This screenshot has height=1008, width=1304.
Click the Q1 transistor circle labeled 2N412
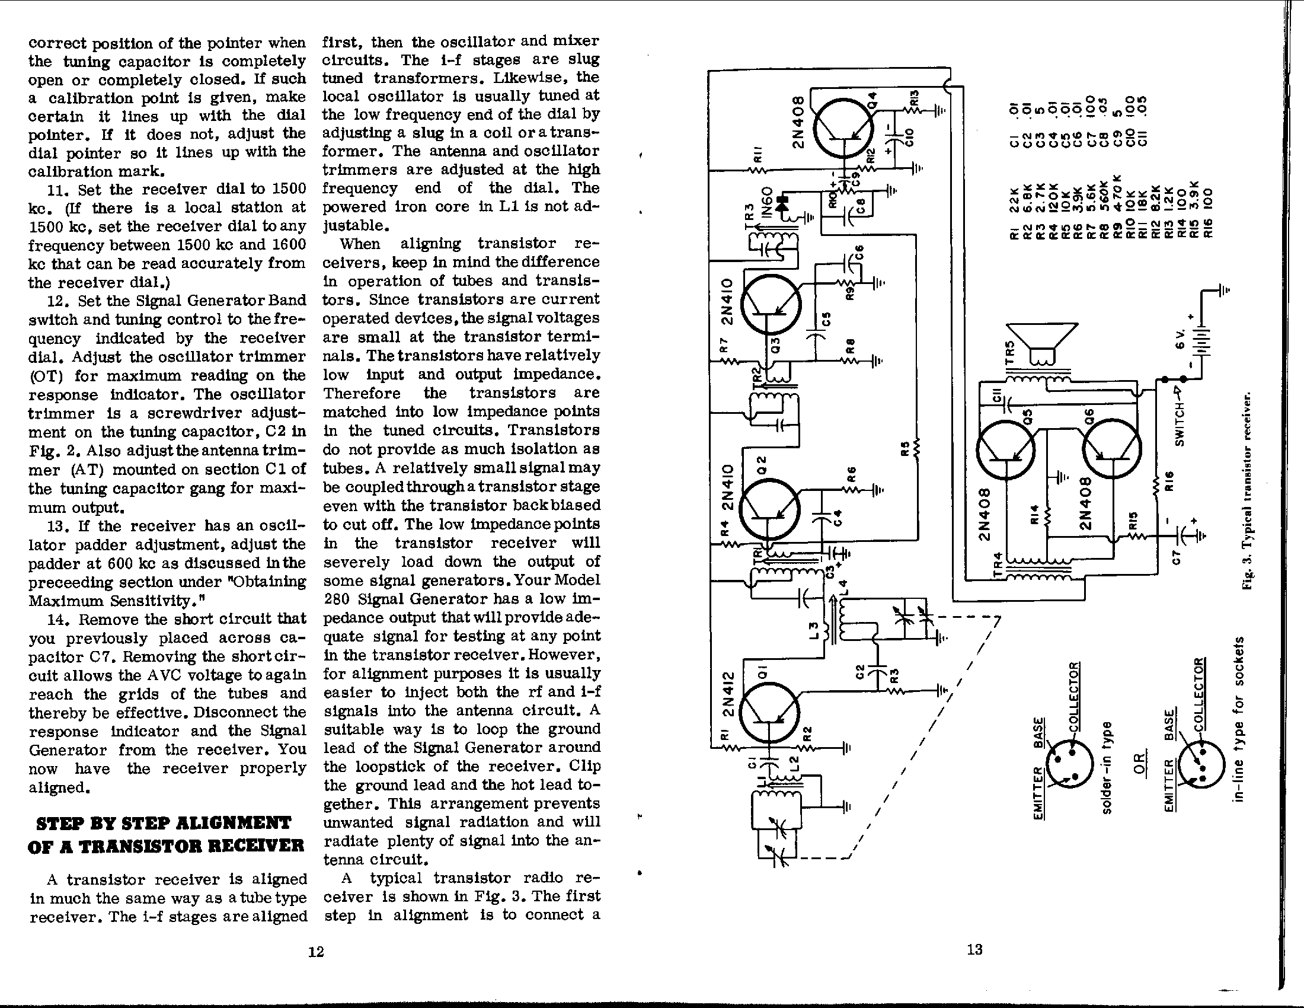768,712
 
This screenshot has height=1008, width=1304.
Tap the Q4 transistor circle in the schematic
843,129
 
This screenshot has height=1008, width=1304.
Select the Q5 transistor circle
1006,450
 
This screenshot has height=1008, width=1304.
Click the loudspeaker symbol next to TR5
1042,342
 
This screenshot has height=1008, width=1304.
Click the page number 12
316,951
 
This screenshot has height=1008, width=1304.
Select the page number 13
974,949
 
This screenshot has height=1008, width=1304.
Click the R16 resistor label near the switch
1170,481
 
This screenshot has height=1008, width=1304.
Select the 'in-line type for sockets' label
1238,719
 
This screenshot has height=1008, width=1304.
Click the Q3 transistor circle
770,304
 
